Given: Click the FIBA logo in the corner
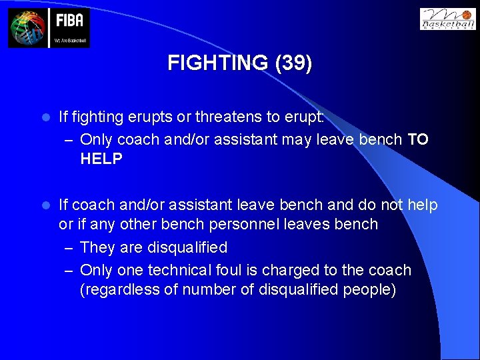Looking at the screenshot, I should pos(49,27).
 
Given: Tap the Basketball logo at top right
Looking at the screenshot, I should pos(447,19).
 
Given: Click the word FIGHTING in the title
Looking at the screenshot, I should pos(217,63).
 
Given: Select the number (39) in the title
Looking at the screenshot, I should pos(292,63).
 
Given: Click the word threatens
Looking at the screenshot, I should pos(223,117).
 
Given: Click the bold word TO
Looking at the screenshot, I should pos(417,139).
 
